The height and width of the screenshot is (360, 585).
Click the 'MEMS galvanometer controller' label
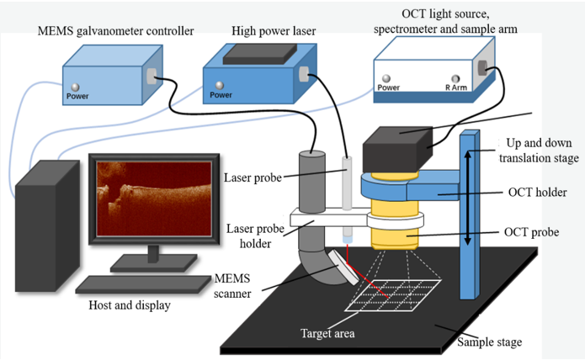tap(115, 31)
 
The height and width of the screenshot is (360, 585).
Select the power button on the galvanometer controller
tap(75, 87)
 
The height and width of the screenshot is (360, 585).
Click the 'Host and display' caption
tap(130, 305)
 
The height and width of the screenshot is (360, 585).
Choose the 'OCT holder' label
tap(534, 193)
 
